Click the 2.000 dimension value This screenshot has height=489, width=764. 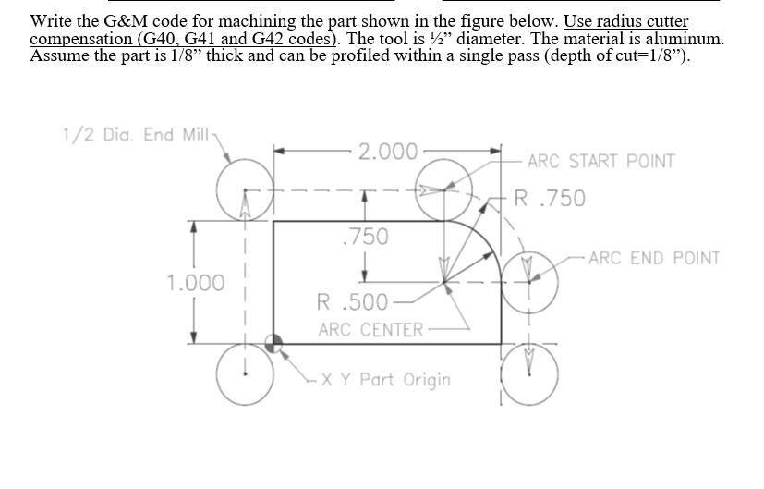[x=388, y=151]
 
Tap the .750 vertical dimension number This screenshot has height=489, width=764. [x=363, y=237]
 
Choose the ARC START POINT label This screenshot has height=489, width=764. [x=600, y=161]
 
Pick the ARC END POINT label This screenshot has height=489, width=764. [x=653, y=257]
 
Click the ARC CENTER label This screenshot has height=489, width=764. [x=370, y=329]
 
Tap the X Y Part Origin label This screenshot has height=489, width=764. [x=405, y=379]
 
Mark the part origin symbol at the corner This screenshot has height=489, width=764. [x=273, y=343]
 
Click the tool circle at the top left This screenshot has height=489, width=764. [x=245, y=192]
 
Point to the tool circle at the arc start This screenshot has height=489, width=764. [x=444, y=192]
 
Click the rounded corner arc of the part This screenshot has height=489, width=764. [x=481, y=239]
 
